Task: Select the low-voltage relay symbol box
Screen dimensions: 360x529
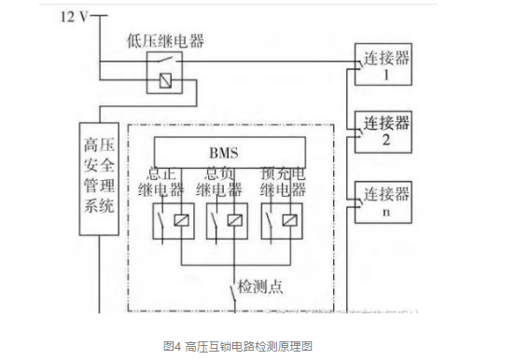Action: (163, 70)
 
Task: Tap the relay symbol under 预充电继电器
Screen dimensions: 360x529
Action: (282, 220)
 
